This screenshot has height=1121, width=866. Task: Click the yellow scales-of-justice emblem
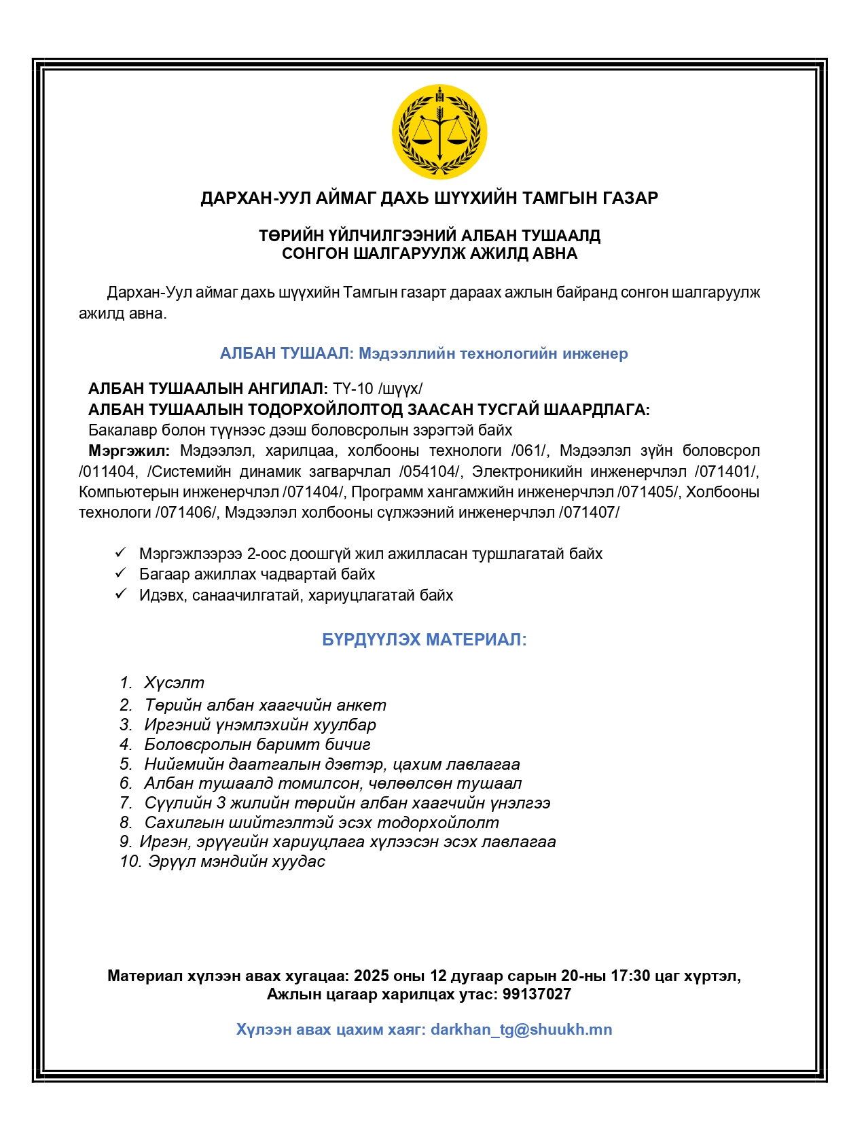439,132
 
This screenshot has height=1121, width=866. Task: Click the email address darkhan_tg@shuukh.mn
521,1029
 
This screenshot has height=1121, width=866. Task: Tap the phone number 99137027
537,995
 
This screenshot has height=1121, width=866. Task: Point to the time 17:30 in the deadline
630,976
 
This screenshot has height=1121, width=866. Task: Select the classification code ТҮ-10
353,389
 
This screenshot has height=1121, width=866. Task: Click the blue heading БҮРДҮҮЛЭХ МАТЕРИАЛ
424,639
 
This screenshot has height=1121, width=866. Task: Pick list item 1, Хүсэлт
174,683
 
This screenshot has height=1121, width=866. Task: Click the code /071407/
589,512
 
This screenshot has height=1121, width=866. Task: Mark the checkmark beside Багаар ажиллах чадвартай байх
121,573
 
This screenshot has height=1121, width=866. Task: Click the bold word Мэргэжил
129,450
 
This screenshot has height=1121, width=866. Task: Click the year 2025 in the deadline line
372,976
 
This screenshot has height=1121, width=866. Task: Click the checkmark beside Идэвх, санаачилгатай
121,594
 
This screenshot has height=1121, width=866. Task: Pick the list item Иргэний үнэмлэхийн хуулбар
259,725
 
